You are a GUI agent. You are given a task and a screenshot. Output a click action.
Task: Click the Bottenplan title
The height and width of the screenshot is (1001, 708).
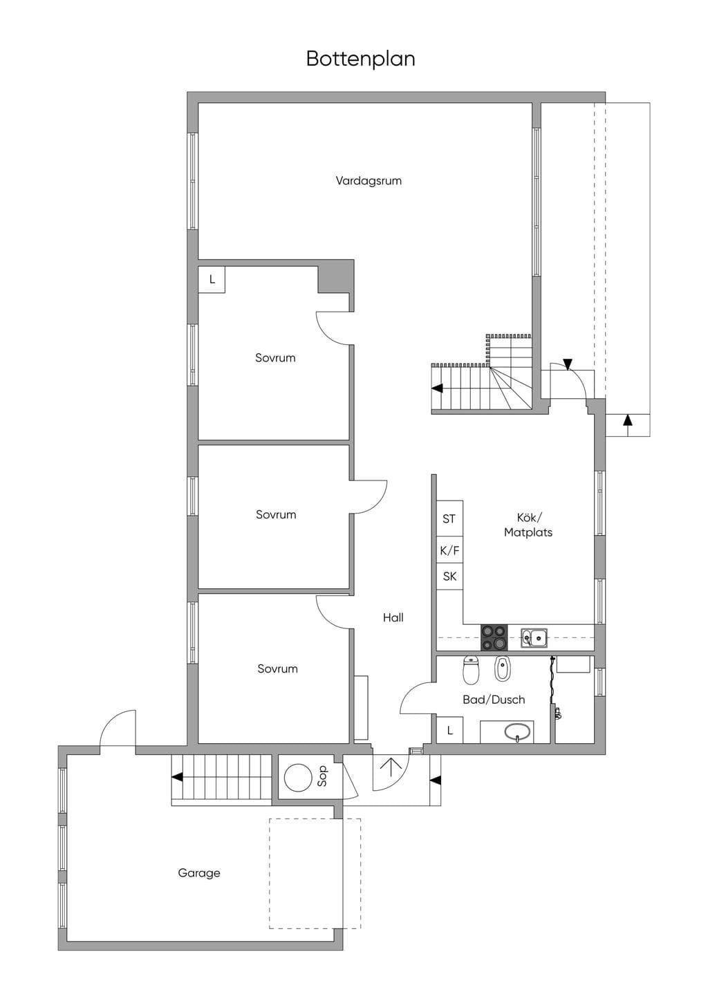point(361,59)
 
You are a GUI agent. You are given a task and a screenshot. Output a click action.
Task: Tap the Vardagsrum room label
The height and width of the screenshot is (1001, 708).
point(369,181)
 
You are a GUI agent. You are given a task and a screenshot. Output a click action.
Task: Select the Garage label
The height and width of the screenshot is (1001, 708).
point(199,872)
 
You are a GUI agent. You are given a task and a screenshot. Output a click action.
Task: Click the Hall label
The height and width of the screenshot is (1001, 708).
point(393,617)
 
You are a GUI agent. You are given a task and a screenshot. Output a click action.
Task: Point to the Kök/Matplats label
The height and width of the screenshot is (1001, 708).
point(528,525)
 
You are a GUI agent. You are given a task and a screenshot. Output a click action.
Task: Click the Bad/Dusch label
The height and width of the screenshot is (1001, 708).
point(494,700)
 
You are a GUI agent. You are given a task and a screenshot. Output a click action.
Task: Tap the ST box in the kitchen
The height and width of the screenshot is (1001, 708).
point(449,518)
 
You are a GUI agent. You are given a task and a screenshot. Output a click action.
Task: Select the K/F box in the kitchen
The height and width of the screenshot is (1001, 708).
point(449,550)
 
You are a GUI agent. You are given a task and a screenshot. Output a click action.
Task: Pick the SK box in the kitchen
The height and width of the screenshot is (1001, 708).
point(449,577)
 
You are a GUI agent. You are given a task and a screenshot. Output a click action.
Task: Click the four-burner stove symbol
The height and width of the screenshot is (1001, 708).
point(494,637)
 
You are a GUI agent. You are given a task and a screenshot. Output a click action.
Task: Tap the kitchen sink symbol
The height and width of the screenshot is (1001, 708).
point(534,637)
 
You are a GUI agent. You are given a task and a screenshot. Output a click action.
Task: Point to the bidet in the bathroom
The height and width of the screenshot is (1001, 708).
point(502,669)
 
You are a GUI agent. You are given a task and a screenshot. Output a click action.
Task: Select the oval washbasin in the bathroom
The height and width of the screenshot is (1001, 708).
point(517,731)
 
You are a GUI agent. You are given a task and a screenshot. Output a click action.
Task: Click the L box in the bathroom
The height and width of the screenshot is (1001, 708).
point(449,730)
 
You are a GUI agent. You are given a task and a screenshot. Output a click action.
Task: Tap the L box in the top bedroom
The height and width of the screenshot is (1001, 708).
point(212,280)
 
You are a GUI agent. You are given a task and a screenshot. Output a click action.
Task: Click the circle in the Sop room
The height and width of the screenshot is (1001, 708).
point(298,778)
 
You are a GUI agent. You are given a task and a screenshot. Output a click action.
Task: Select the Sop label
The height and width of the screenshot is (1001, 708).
point(322,776)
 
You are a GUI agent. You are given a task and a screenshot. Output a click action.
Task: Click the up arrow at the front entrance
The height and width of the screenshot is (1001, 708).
point(390,768)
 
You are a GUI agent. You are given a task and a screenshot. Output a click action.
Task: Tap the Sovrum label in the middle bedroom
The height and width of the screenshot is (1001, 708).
point(276,514)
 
